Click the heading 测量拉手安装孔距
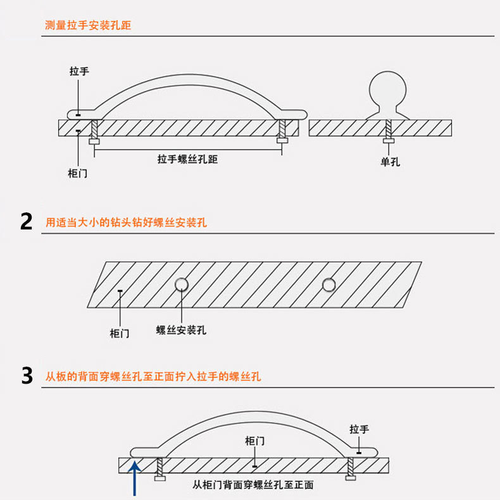pos(88,26)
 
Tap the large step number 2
pos(26,222)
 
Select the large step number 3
pos(27,375)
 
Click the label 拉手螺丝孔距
pos(187,159)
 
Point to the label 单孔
pos(390,162)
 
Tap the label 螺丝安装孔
pos(181,330)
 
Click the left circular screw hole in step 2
pos(182,284)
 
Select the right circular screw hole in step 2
pos(328,284)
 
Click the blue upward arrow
pos(134,479)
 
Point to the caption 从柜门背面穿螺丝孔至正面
pos(253,485)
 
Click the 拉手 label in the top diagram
pos(79,71)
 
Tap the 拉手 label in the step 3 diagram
pos(359,430)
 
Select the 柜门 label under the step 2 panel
pos(120,333)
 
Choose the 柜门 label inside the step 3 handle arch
pos(254,441)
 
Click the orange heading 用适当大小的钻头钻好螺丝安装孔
pos(126,223)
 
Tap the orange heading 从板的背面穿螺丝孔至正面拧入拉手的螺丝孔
pos(153,376)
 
